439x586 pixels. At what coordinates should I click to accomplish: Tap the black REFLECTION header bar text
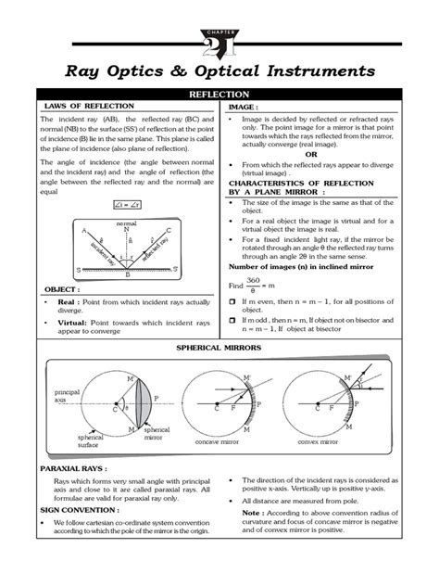pyautogui.click(x=219, y=96)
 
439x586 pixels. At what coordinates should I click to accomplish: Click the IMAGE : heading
pyautogui.click(x=249, y=108)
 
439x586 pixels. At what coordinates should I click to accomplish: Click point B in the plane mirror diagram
pyautogui.click(x=127, y=275)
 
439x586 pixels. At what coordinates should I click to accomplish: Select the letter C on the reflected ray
pyautogui.click(x=168, y=231)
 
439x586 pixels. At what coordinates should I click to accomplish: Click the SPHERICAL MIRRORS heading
pyautogui.click(x=219, y=347)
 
